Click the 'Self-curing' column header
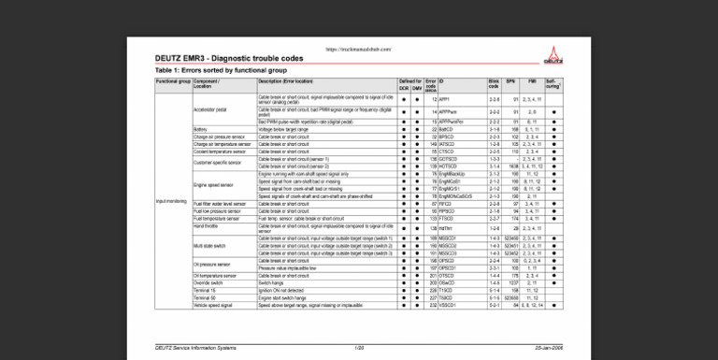pyautogui.click(x=553, y=84)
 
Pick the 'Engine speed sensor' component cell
pyautogui.click(x=214, y=185)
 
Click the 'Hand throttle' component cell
pyautogui.click(x=205, y=226)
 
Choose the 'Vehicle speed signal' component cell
pyautogui.click(x=212, y=304)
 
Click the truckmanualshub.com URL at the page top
pyautogui.click(x=358, y=48)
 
